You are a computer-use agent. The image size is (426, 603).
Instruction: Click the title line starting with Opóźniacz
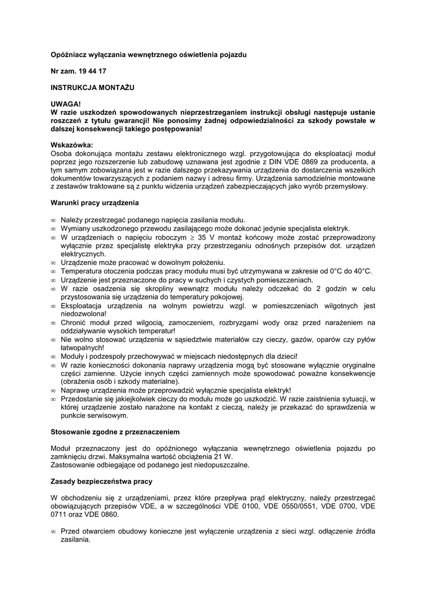click(x=149, y=55)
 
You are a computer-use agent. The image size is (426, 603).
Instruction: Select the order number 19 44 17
click(x=92, y=71)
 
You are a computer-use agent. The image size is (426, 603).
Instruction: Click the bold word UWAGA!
click(x=65, y=104)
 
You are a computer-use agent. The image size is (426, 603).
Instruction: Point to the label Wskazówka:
click(x=72, y=145)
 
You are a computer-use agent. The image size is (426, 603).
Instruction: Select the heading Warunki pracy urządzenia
click(x=95, y=203)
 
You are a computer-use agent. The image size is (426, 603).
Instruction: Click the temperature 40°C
click(x=360, y=271)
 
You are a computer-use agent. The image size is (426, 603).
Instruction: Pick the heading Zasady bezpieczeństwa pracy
click(x=102, y=481)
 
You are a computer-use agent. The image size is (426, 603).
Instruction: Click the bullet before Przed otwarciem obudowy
click(x=54, y=531)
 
